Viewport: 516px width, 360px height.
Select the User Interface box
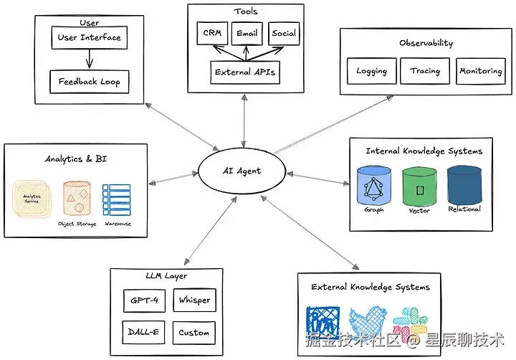click(89, 38)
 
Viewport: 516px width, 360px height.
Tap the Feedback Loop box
click(89, 81)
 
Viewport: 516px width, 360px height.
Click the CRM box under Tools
click(212, 33)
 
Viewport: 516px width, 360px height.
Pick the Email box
click(247, 33)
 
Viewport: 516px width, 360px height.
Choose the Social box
click(284, 33)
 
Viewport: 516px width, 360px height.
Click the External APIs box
click(245, 72)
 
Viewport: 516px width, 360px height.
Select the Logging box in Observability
click(372, 71)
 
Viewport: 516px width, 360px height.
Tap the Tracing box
click(425, 71)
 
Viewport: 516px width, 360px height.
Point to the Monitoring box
click(481, 71)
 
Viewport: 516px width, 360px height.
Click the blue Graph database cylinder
click(374, 186)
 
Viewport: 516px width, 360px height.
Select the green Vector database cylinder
click(419, 187)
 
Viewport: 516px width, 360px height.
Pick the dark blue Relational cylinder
click(464, 186)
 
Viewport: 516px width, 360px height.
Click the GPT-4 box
click(144, 300)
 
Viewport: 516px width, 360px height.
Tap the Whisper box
click(194, 300)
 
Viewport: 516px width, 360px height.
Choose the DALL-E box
click(143, 332)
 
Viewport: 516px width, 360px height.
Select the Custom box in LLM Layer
click(194, 333)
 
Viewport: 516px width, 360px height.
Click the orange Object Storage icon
click(77, 198)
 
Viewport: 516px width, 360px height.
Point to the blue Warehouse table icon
click(117, 200)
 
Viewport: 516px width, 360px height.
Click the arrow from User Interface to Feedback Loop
click(89, 60)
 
